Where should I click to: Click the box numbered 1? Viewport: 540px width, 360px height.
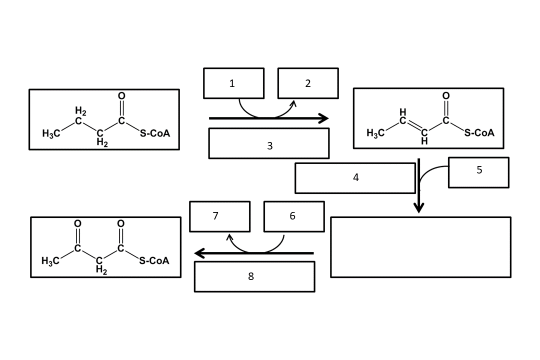[233, 83]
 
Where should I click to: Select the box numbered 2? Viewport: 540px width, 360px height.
[308, 83]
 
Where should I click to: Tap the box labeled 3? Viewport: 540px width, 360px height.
[269, 143]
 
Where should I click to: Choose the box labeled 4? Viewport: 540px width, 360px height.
[355, 177]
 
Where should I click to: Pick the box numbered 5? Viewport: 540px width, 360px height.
[478, 172]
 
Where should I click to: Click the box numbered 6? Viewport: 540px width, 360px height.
[293, 216]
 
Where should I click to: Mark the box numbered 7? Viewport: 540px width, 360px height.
[219, 216]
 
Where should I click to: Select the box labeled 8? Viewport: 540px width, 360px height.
[254, 276]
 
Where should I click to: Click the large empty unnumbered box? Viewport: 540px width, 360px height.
[420, 247]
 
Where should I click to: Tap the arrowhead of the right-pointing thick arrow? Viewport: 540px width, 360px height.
[324, 118]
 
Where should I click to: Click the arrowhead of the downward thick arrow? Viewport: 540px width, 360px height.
[419, 207]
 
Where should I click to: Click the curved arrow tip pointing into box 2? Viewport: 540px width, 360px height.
[294, 103]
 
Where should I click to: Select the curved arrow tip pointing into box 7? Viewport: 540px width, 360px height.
[229, 237]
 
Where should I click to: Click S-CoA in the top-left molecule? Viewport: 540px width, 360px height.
[154, 133]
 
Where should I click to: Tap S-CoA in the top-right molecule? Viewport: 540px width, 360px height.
[479, 132]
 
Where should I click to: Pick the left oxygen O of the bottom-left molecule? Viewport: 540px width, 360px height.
[77, 223]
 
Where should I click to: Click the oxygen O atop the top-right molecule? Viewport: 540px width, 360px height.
[446, 95]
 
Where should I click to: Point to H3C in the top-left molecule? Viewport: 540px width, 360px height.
[51, 133]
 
